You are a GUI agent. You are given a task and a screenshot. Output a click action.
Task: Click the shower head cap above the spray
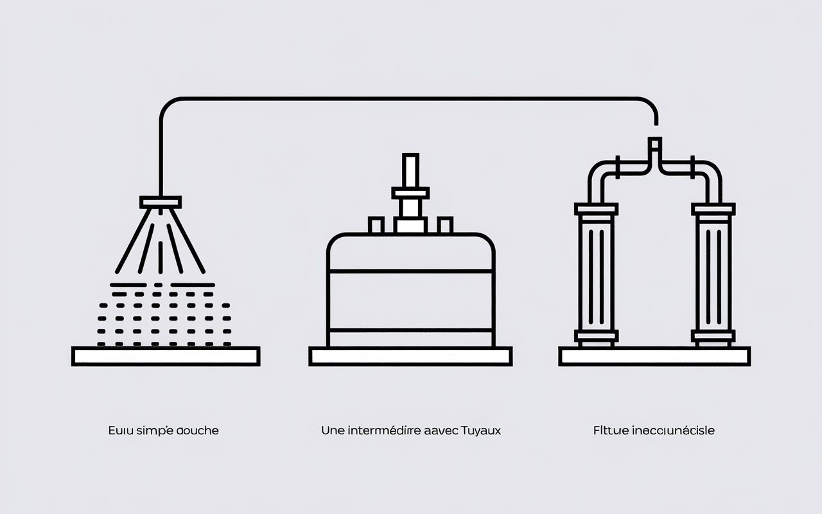tap(161, 202)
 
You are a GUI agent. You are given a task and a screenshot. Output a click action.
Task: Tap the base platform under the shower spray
tap(166, 356)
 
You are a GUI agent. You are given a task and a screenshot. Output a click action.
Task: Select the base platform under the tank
tap(410, 356)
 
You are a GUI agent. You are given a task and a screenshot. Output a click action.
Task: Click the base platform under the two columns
tap(654, 356)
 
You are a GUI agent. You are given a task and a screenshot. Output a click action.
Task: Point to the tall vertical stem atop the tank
tap(410, 171)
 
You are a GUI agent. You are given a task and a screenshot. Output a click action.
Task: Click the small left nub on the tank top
tap(376, 225)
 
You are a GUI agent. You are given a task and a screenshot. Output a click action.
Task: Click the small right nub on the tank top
tap(444, 225)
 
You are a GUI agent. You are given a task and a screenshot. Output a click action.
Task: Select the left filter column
tap(597, 272)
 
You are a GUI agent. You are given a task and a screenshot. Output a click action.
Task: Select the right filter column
tap(713, 272)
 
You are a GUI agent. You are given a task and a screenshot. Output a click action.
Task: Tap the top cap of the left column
tap(597, 209)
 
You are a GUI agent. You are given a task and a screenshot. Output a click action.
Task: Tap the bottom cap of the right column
tap(713, 335)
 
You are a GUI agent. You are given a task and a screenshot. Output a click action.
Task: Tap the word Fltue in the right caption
tap(609, 430)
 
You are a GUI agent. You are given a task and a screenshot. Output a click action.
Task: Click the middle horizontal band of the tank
tap(410, 300)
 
